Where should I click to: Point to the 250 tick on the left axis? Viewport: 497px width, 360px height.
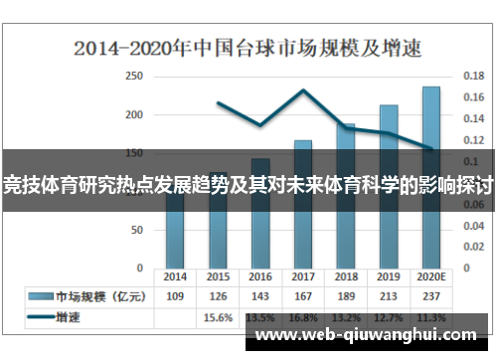click(133, 76)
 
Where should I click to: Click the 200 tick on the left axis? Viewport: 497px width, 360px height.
click(133, 114)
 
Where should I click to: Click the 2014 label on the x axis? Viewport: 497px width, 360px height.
click(175, 276)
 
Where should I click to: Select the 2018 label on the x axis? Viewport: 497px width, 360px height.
click(346, 276)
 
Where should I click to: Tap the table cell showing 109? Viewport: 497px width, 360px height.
click(175, 296)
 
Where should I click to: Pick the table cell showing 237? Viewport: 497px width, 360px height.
click(431, 296)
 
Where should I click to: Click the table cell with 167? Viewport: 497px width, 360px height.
click(303, 296)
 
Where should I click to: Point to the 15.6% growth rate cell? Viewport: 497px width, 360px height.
click(218, 317)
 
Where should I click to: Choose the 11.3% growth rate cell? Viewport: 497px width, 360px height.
click(431, 317)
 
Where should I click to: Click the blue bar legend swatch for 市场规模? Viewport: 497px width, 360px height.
click(40, 296)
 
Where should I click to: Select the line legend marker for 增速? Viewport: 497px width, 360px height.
click(40, 317)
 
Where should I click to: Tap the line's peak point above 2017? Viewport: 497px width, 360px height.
click(303, 90)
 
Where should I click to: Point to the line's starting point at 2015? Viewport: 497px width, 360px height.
click(218, 102)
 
